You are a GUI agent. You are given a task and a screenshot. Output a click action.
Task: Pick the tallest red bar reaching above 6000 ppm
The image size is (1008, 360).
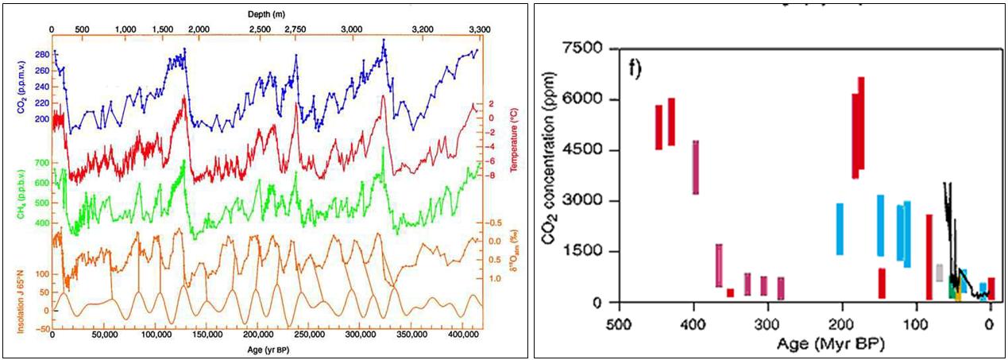861,123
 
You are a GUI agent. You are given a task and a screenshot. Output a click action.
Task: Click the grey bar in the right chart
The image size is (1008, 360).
940,273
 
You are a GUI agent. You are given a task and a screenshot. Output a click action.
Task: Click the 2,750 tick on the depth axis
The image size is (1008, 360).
295,29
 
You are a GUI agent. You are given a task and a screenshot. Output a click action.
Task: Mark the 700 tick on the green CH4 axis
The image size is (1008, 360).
41,163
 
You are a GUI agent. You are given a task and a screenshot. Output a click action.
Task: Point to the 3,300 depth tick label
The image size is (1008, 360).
477,29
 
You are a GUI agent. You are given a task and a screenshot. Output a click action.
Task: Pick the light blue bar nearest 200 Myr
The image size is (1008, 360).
840,229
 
